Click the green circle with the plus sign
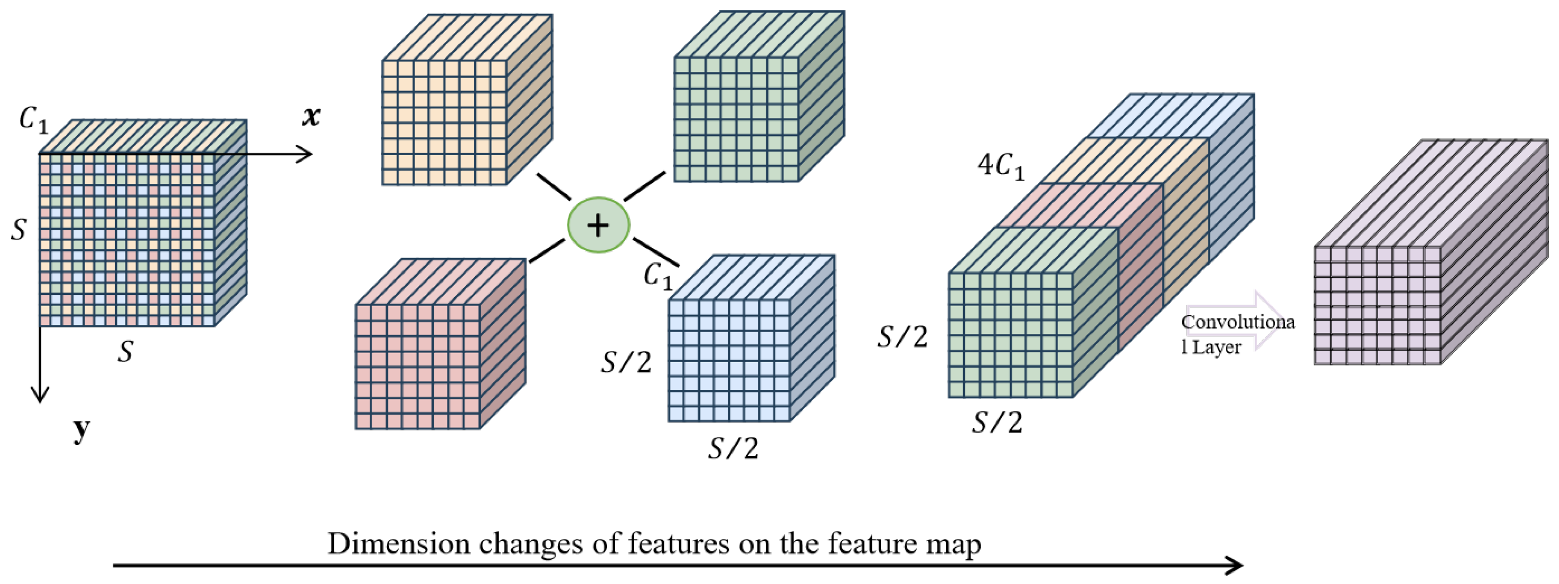(x=598, y=225)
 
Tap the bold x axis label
(x=311, y=116)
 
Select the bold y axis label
(x=82, y=430)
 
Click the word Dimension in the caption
(x=398, y=544)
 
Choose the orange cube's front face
(x=444, y=122)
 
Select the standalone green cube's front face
(x=736, y=119)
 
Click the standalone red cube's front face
(x=417, y=367)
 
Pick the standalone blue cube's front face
(x=729, y=360)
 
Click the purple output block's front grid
(x=1377, y=305)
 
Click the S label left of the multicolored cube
(x=19, y=230)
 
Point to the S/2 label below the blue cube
(x=733, y=449)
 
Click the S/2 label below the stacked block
(x=997, y=422)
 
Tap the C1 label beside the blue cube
(x=658, y=276)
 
